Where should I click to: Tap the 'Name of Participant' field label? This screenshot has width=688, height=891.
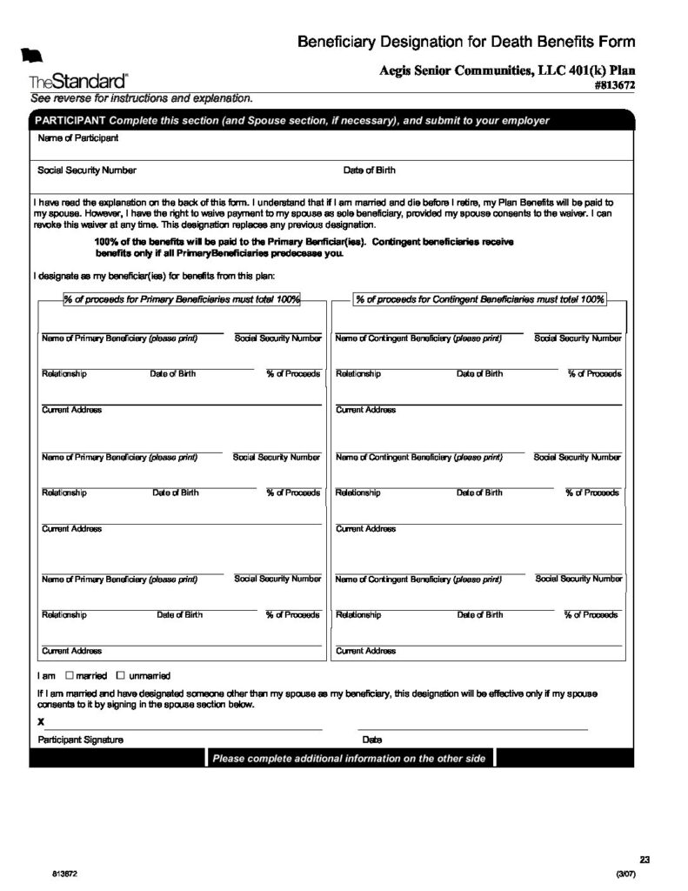[x=78, y=138]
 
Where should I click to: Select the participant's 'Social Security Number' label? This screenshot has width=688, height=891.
[x=87, y=171]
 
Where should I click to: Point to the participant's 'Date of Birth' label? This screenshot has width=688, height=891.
[x=369, y=171]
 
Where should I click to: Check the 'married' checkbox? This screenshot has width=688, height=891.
[x=70, y=675]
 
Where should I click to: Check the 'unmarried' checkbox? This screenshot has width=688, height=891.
[x=121, y=675]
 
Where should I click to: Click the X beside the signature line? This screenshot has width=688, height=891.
[x=41, y=722]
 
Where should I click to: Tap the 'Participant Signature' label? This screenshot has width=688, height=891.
[x=80, y=740]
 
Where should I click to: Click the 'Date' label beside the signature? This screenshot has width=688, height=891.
[x=372, y=740]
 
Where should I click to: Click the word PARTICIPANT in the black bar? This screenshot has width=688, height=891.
[x=70, y=121]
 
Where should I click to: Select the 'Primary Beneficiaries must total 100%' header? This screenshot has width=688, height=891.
[x=182, y=299]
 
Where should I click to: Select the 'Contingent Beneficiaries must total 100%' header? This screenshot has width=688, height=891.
[x=479, y=299]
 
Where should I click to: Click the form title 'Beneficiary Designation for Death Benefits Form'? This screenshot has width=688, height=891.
[x=466, y=42]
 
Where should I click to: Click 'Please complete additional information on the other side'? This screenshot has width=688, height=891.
[x=349, y=759]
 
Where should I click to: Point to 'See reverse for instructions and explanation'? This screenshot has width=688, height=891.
[x=142, y=98]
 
